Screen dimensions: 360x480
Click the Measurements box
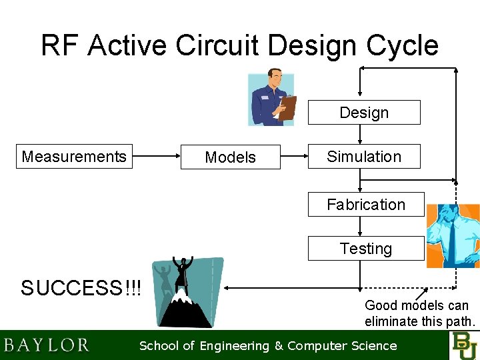coord(74,157)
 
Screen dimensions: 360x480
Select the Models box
coord(231,157)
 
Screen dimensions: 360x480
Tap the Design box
coord(364,113)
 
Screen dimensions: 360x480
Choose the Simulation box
coord(364,157)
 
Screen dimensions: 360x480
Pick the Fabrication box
coord(365,205)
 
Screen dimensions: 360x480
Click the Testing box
coord(365,249)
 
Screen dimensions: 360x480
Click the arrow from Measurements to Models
coord(157,157)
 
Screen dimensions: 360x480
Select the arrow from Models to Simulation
coord(293,157)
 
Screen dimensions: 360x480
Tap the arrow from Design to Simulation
coord(360,134)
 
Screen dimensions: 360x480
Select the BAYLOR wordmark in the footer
coord(46,345)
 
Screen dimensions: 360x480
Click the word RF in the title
coord(60,45)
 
